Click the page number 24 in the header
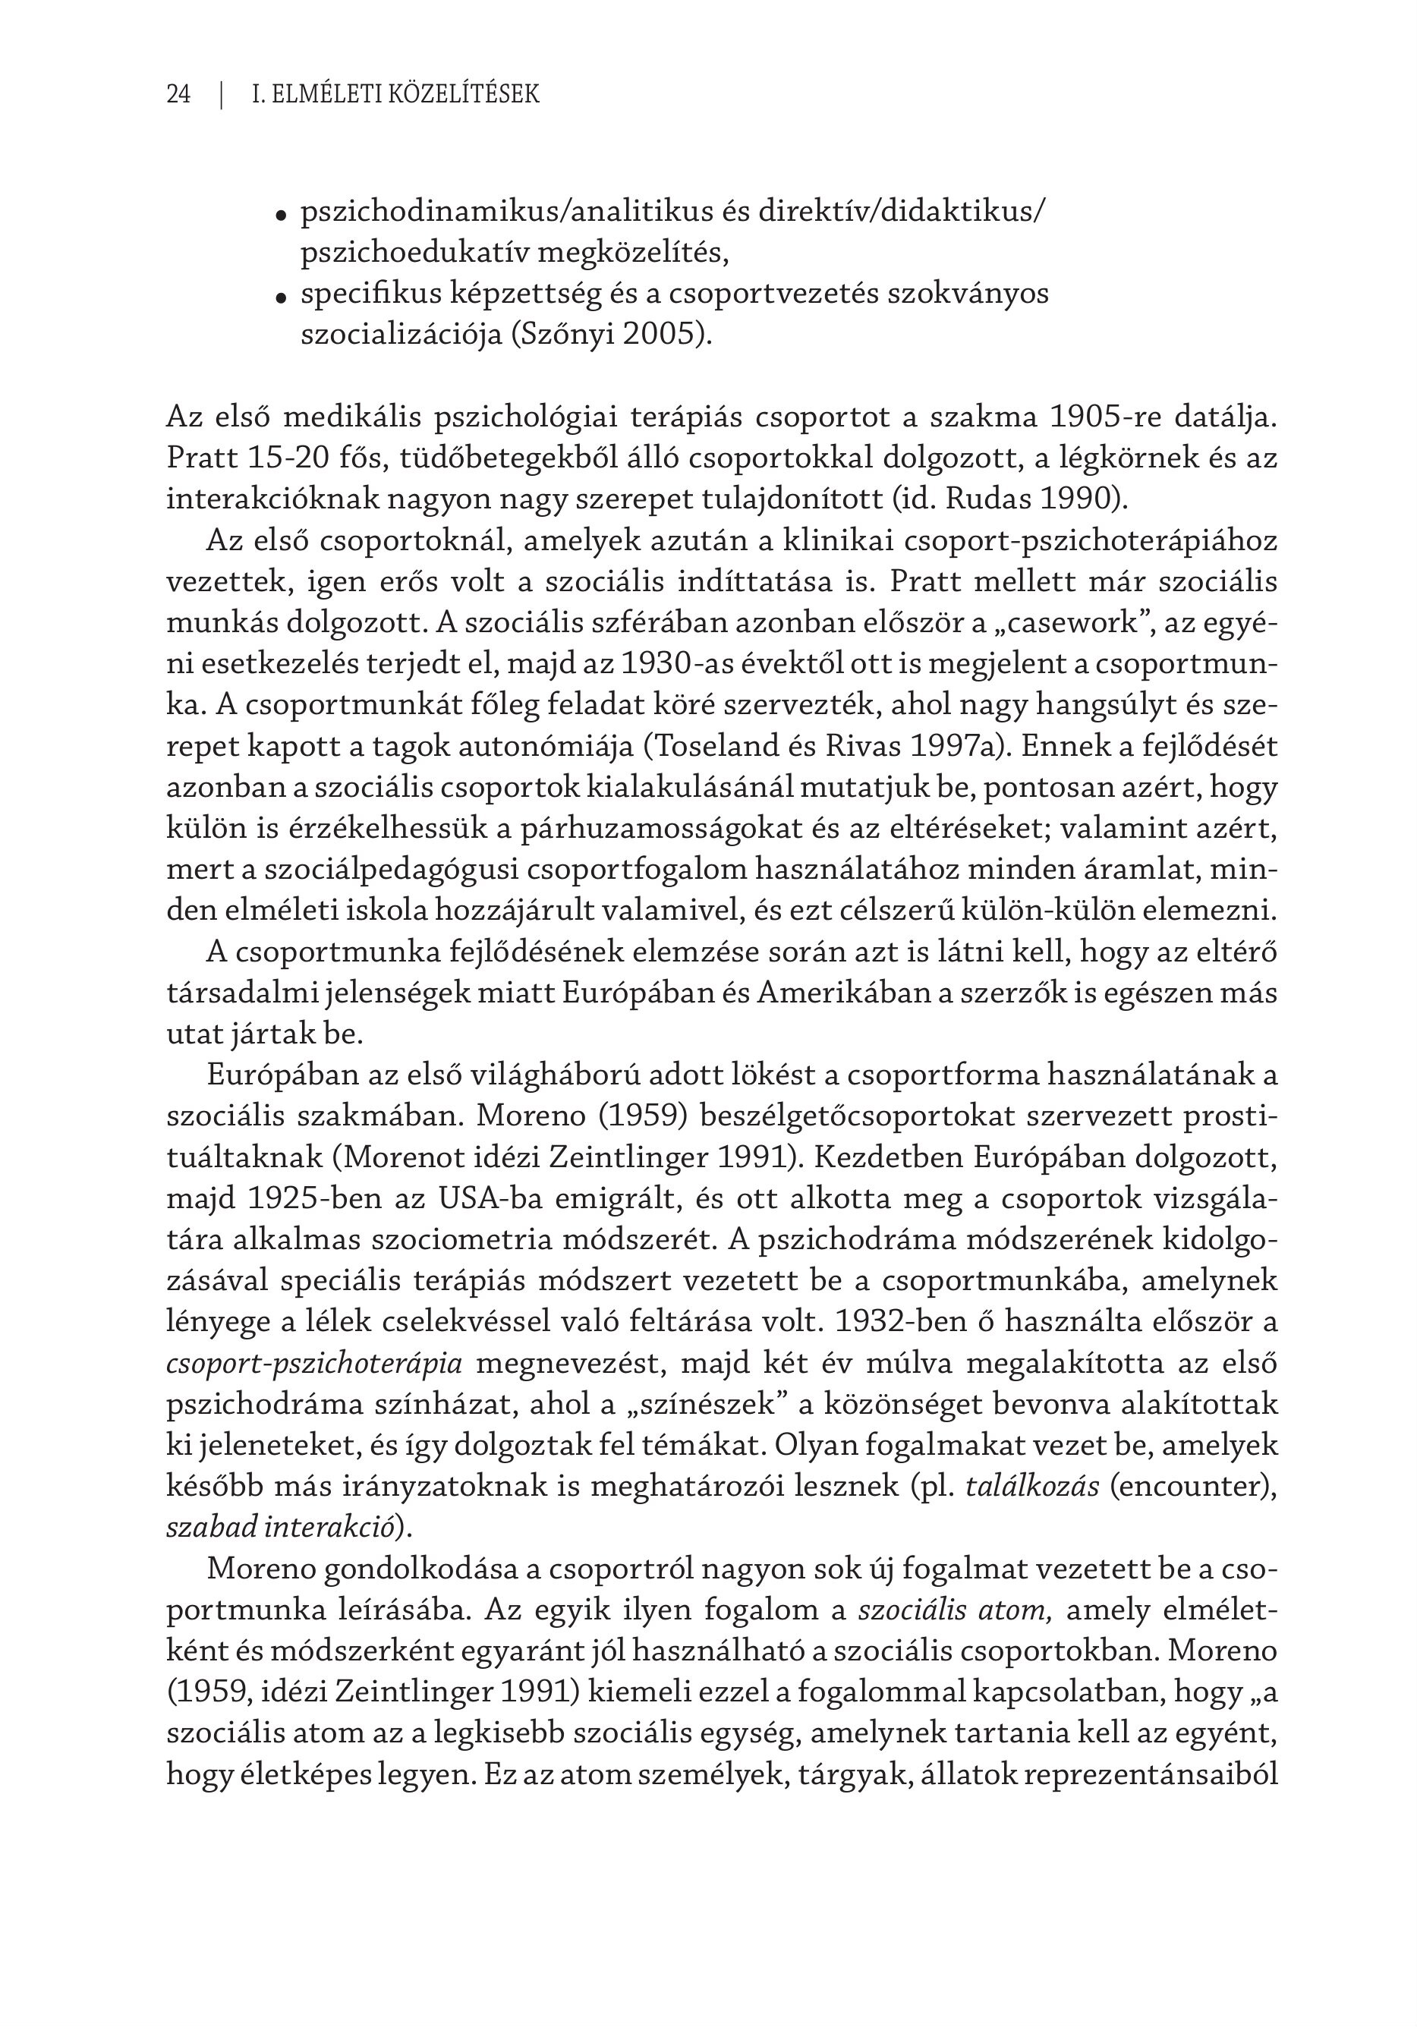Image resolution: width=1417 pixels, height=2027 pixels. (x=178, y=94)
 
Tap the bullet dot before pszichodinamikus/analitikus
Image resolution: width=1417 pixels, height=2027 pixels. (x=281, y=216)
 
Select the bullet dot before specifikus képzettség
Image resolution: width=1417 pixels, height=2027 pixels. (x=281, y=297)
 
